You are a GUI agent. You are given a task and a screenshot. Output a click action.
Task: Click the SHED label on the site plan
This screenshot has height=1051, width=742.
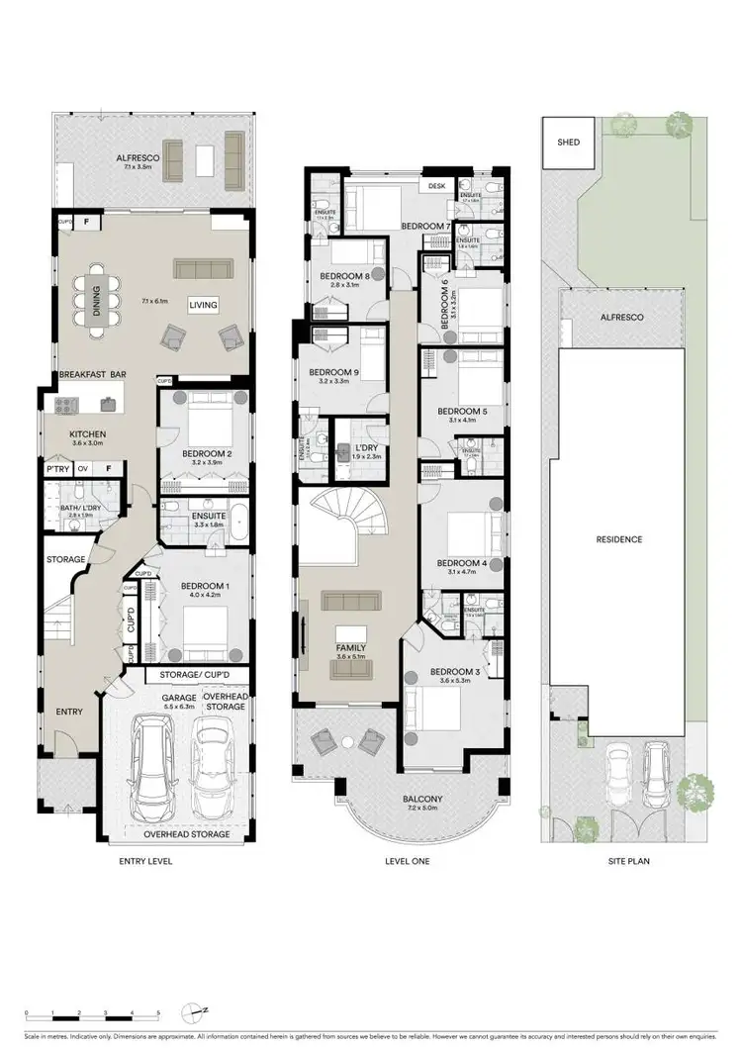569,143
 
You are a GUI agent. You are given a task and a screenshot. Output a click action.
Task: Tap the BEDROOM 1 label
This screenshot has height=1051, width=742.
205,587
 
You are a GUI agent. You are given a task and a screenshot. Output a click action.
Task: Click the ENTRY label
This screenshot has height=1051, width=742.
68,711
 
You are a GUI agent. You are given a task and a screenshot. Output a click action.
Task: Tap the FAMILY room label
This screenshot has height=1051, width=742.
350,647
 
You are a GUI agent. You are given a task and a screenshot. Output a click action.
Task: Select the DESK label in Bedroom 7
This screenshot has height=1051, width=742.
435,185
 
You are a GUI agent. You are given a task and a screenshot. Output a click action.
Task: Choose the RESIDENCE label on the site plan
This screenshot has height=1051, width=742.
619,539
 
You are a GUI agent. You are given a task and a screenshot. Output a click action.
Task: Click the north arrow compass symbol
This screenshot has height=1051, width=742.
191,1012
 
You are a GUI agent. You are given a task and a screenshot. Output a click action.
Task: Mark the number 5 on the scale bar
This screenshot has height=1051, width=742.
158,1013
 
